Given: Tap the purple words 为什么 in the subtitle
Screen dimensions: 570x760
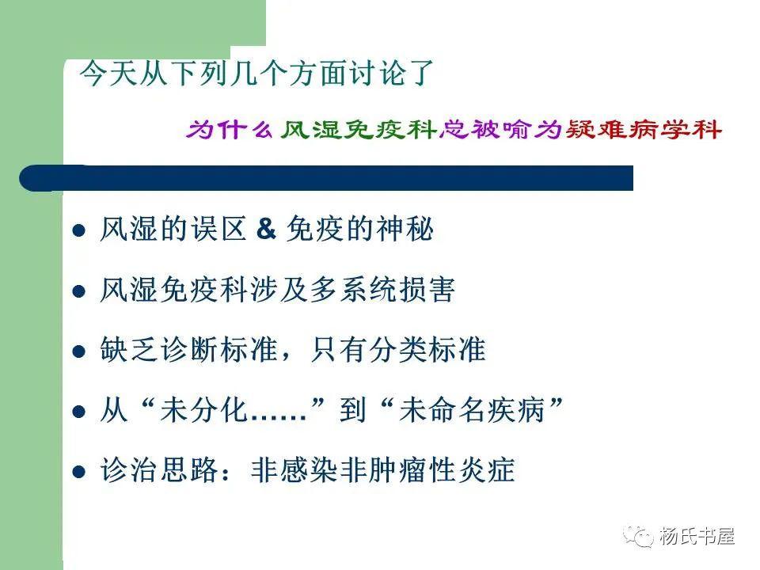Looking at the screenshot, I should [230, 128].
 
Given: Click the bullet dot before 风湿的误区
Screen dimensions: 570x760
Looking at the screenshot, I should [78, 231].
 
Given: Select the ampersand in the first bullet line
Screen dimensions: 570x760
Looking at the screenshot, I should [266, 230].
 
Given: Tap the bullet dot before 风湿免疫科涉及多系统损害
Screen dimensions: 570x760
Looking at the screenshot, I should [78, 291].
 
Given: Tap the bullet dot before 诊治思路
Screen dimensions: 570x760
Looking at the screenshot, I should [78, 472].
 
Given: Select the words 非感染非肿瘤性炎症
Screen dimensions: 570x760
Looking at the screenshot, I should [382, 471].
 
